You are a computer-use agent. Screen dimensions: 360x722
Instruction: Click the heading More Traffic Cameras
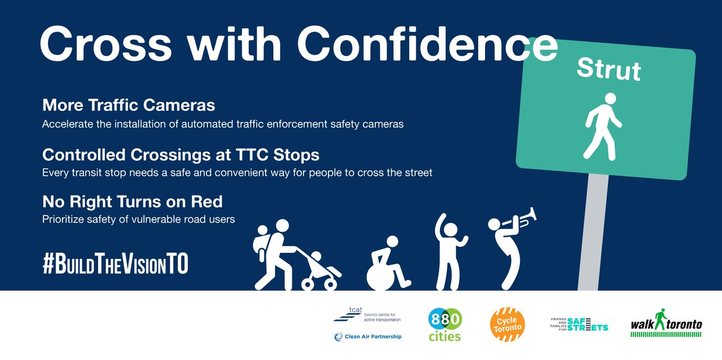(x=128, y=105)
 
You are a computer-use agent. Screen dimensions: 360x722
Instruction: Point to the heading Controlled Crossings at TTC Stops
(x=180, y=155)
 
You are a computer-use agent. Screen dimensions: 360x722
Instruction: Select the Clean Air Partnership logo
(x=367, y=337)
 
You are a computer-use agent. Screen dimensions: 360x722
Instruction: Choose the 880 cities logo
(x=445, y=325)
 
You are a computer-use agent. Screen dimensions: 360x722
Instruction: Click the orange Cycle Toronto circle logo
(x=507, y=325)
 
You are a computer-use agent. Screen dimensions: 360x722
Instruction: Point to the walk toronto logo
(x=666, y=324)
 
